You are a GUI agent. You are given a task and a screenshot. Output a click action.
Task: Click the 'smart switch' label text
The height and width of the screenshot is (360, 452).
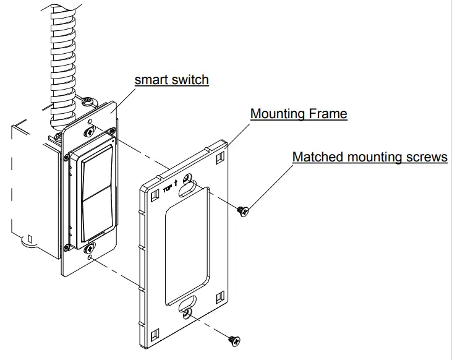[x=171, y=80]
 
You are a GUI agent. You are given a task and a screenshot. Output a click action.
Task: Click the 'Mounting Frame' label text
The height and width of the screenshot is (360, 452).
[x=298, y=114]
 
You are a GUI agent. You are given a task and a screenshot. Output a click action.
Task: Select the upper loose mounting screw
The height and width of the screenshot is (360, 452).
[x=244, y=211]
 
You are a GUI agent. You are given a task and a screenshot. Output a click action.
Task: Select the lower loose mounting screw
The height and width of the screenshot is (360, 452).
[x=234, y=340]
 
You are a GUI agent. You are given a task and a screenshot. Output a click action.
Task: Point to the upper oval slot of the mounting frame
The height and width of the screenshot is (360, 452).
[x=187, y=189]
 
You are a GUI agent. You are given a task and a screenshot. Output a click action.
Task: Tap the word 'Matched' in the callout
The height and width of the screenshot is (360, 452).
[x=316, y=157]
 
